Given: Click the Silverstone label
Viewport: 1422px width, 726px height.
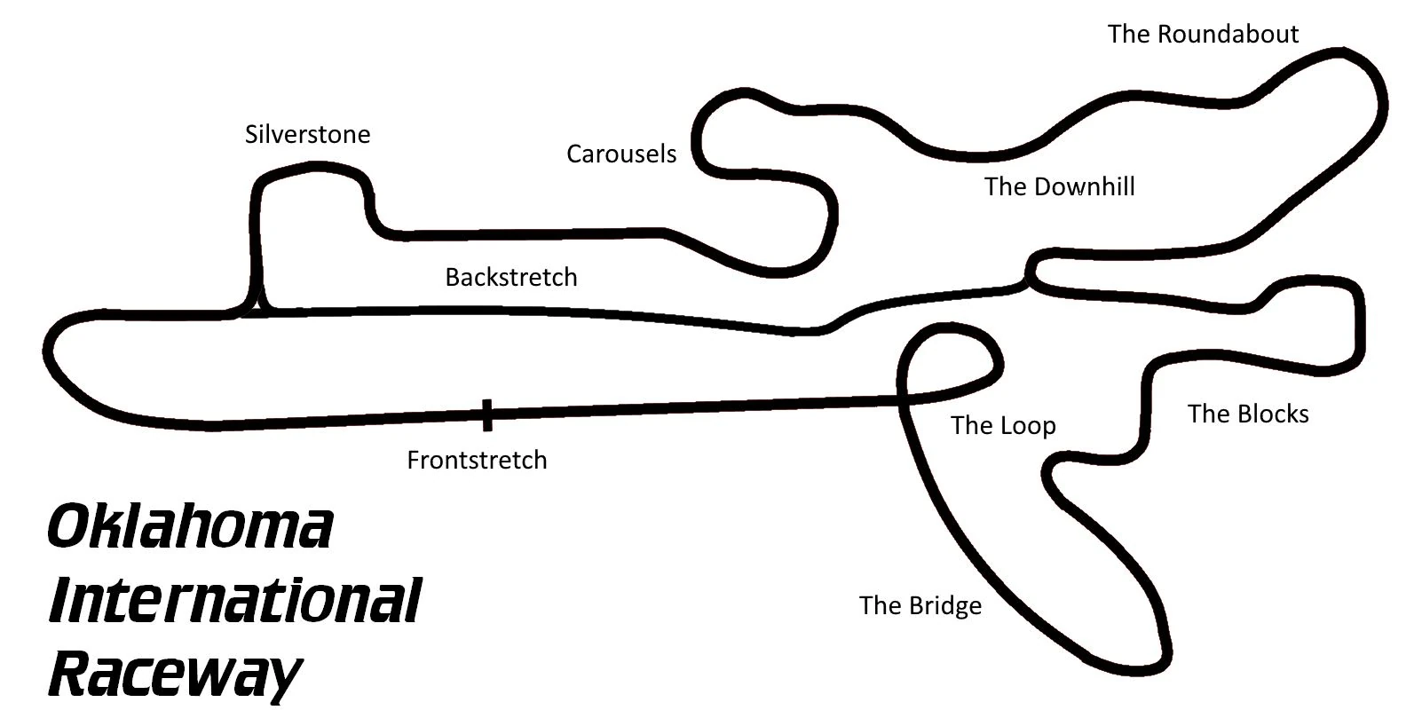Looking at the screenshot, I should (x=307, y=135).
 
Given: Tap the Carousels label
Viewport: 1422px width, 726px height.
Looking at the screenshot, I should (x=621, y=154).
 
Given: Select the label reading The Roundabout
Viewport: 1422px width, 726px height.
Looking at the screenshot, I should (x=1203, y=35).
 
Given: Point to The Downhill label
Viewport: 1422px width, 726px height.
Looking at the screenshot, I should (x=1059, y=187).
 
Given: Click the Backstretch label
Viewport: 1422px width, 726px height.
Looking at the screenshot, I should (x=510, y=278).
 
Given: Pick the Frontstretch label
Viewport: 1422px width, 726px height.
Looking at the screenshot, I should (x=477, y=461).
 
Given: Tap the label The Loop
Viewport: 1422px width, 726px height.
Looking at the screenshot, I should (x=1003, y=426).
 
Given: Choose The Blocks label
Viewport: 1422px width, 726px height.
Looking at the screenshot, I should (x=1248, y=414).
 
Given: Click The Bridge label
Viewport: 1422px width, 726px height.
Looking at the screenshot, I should (x=920, y=606).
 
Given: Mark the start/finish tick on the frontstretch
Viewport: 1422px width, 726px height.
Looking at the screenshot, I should (x=486, y=414).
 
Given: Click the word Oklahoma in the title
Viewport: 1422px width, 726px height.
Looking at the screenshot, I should (x=190, y=527).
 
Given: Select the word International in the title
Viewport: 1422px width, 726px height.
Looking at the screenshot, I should (x=234, y=601).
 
